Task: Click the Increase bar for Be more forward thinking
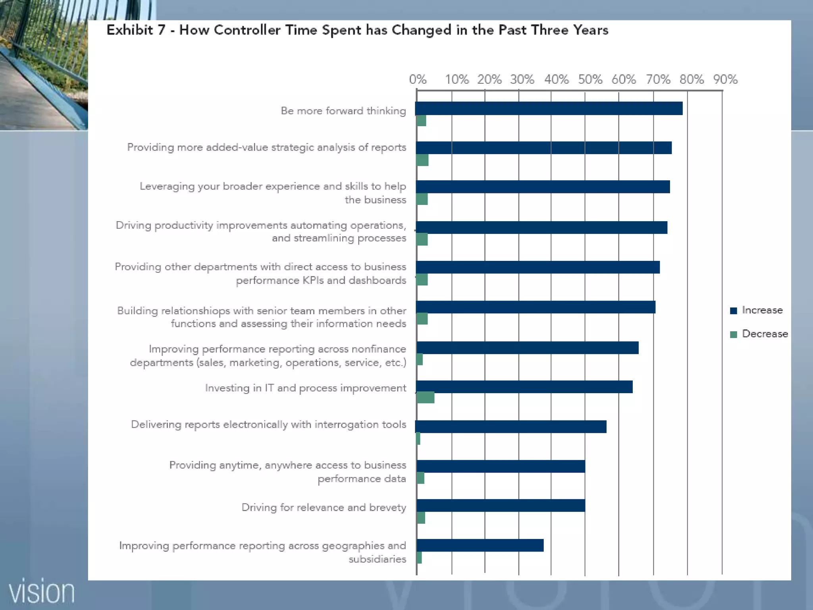(549, 108)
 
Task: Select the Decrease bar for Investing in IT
(425, 398)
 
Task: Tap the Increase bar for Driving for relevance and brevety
(501, 506)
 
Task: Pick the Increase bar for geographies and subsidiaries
(480, 545)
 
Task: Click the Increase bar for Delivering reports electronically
(511, 427)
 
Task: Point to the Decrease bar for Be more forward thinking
(421, 121)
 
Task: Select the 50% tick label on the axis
(590, 79)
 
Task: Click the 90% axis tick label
(725, 79)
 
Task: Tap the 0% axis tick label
(418, 79)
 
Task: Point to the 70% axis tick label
(658, 79)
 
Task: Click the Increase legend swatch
(734, 311)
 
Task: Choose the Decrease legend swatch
(734, 334)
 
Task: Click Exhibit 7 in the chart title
(136, 30)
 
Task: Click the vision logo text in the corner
(42, 592)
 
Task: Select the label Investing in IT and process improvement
(305, 388)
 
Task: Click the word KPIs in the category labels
(313, 280)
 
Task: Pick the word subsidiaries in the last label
(377, 559)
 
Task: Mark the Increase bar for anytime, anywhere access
(501, 466)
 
